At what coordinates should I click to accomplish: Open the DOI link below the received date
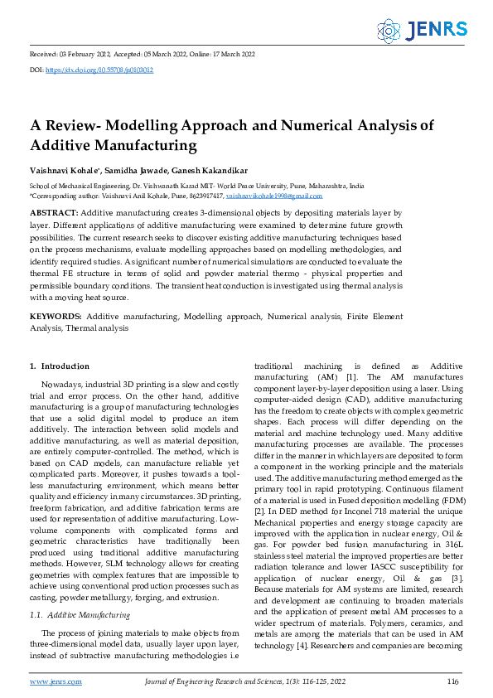[x=100, y=70]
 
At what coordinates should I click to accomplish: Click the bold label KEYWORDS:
[x=56, y=317]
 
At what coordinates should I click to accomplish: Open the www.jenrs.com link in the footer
[x=56, y=681]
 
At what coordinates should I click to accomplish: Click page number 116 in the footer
[x=452, y=681]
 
